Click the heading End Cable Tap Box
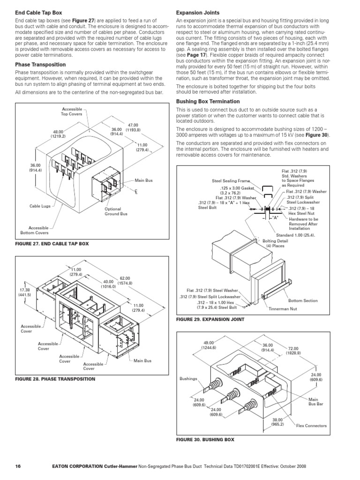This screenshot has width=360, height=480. (x=38, y=12)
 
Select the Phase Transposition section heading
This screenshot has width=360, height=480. (x=40, y=64)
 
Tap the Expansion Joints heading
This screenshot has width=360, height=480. (x=197, y=12)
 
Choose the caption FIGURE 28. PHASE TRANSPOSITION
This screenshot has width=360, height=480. (x=55, y=378)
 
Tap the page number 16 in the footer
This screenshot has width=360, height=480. (x=18, y=466)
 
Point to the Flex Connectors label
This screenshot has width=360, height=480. (x=311, y=426)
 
